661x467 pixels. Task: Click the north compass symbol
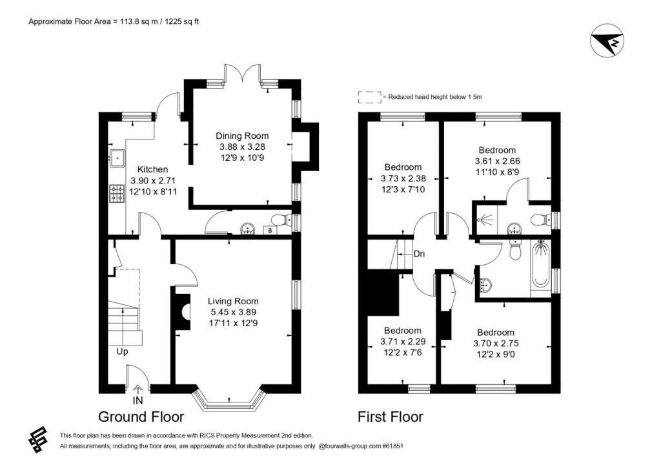click(x=607, y=41)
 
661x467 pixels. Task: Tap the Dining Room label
click(x=242, y=136)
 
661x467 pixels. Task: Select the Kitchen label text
click(x=152, y=170)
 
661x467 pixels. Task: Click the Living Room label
click(x=233, y=301)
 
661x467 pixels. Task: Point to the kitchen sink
click(x=117, y=158)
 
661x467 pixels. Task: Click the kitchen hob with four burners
click(x=117, y=194)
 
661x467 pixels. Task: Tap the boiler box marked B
click(x=270, y=231)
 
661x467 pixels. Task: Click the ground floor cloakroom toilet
click(x=281, y=220)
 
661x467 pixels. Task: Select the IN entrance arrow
click(x=138, y=389)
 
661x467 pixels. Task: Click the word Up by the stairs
click(x=122, y=351)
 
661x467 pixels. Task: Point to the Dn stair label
click(x=419, y=254)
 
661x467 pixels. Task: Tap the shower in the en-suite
click(x=485, y=220)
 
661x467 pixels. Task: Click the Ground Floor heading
click(x=141, y=417)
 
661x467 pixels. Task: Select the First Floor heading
click(x=391, y=417)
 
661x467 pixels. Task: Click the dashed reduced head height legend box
click(x=370, y=97)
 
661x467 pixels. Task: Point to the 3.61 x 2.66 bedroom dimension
click(x=497, y=161)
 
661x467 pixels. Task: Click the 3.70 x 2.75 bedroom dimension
click(x=496, y=344)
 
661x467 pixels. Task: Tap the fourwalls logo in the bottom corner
click(x=37, y=440)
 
